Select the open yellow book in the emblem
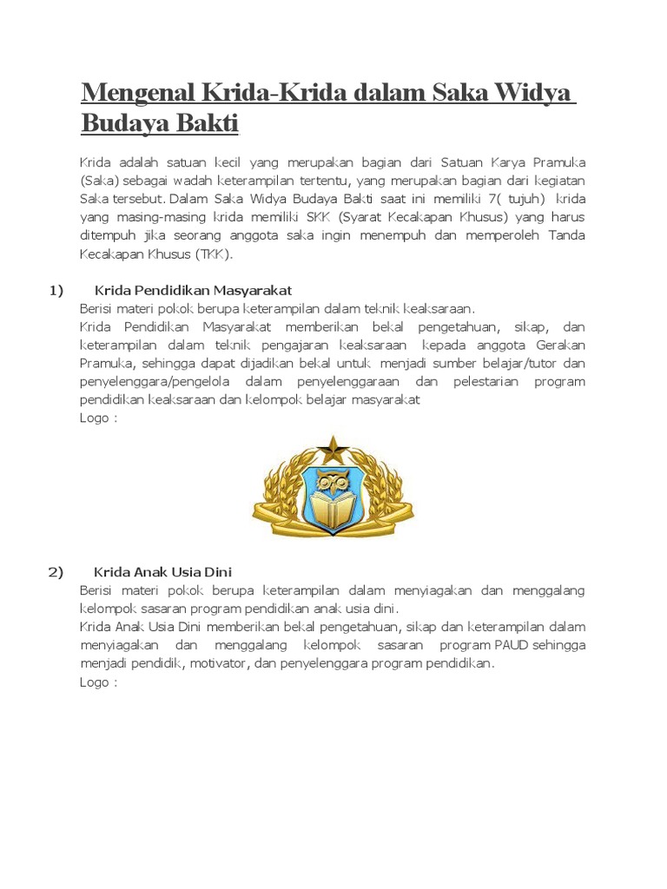tap(333, 512)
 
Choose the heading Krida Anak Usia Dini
tap(162, 572)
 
